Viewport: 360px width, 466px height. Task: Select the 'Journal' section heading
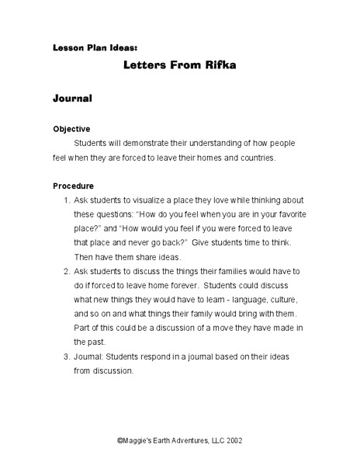(x=72, y=99)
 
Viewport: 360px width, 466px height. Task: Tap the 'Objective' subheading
(x=71, y=128)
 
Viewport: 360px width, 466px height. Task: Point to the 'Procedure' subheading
(x=73, y=186)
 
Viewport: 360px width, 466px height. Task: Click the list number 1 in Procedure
(x=65, y=200)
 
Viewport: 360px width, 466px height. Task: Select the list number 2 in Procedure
(x=65, y=271)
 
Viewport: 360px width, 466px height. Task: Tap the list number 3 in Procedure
(x=65, y=356)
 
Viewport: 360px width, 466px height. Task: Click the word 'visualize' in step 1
(x=160, y=200)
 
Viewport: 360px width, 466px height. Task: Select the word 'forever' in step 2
(x=176, y=285)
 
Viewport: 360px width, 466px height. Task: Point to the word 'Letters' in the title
(x=151, y=65)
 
